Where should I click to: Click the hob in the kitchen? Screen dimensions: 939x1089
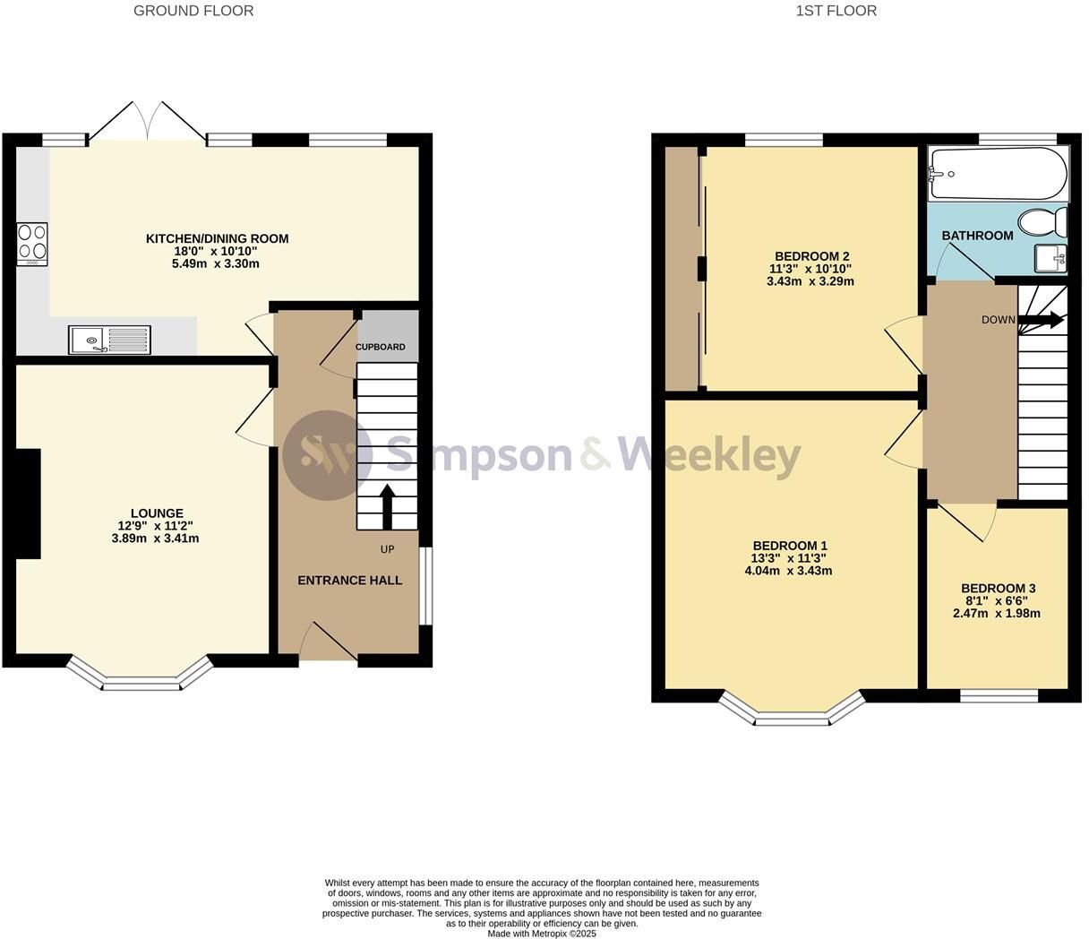[32, 244]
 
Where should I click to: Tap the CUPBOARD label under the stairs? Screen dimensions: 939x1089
[381, 347]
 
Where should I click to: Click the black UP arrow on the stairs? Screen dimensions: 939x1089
[388, 508]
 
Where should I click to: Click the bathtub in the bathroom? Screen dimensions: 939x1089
[999, 174]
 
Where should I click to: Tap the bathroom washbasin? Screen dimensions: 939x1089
[1050, 259]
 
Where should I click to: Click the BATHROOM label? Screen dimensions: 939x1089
[977, 236]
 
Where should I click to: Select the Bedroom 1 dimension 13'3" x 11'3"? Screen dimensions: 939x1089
[788, 557]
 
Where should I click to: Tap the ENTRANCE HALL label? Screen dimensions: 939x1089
[349, 581]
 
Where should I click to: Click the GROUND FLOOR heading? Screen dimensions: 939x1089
[193, 11]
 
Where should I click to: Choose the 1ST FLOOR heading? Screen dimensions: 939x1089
[836, 11]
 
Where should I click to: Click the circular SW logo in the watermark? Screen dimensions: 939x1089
[328, 455]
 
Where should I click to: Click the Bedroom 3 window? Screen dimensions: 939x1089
[999, 695]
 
